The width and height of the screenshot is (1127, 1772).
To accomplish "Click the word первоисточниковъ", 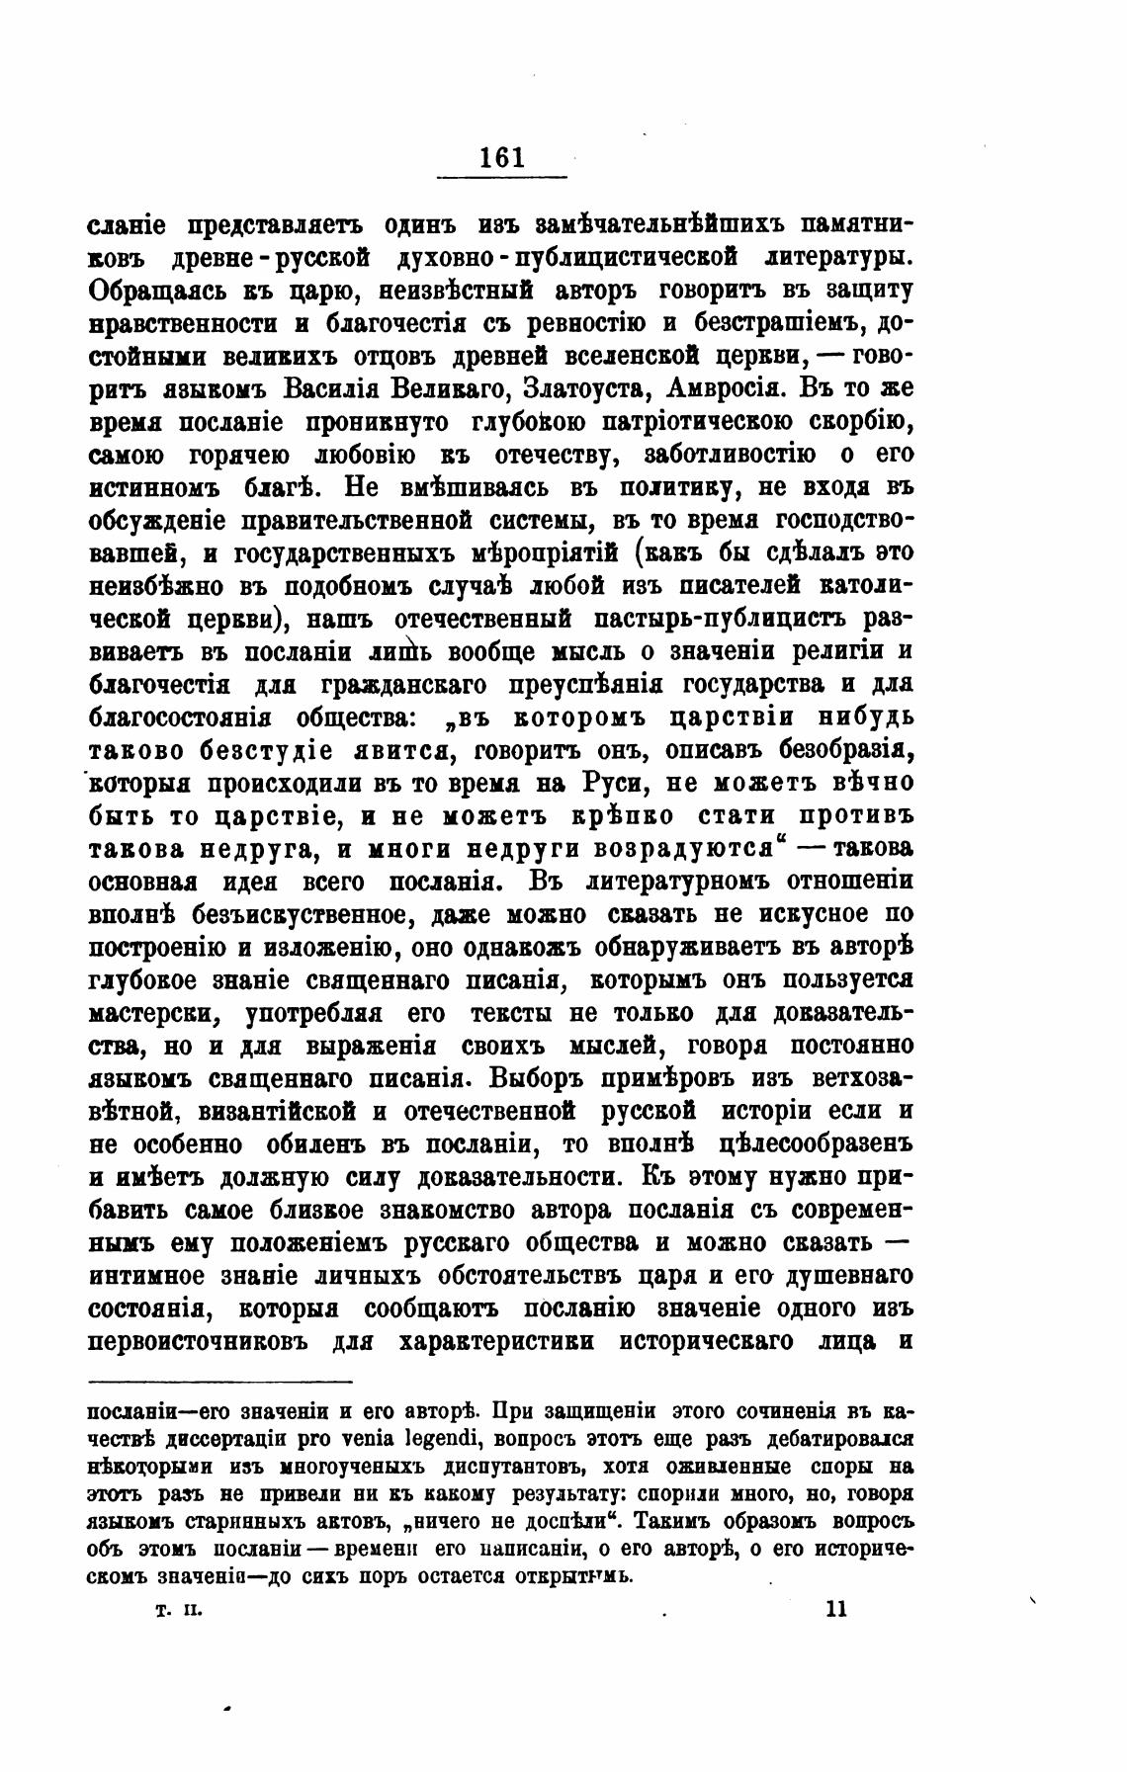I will (192, 1342).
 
